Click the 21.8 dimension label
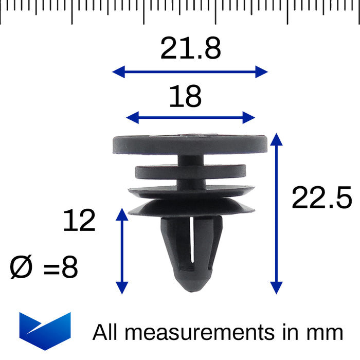190,49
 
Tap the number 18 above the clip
185,96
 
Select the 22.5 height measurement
321,198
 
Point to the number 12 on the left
79,221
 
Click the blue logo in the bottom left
45,330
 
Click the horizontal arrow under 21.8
190,71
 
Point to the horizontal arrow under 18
190,118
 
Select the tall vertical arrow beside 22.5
277,213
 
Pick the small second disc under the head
190,171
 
